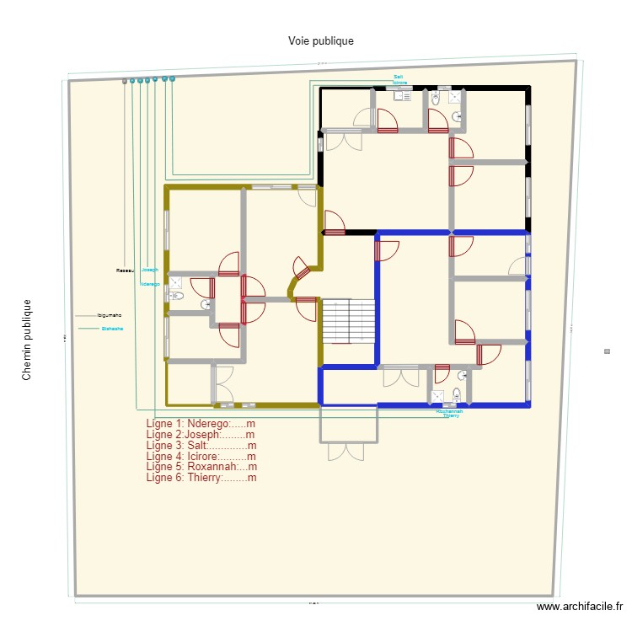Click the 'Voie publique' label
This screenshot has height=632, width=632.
[320, 40]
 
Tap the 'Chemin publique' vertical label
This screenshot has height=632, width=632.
[27, 340]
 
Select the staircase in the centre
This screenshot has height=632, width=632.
[348, 320]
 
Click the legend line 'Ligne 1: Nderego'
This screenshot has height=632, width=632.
[201, 423]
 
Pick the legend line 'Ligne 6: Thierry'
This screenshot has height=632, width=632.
[201, 478]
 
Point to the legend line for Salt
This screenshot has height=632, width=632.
[201, 445]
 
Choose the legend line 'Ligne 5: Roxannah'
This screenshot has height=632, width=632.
[201, 467]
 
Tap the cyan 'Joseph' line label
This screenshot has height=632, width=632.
[150, 270]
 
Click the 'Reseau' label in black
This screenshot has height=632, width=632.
[125, 270]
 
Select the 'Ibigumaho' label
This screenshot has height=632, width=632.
[110, 315]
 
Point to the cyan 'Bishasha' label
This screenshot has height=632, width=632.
[112, 328]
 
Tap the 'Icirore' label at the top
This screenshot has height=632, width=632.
[399, 83]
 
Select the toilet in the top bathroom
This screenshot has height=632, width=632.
[435, 99]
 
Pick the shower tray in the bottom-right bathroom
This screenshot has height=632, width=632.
[438, 396]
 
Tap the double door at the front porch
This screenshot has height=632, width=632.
[347, 452]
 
